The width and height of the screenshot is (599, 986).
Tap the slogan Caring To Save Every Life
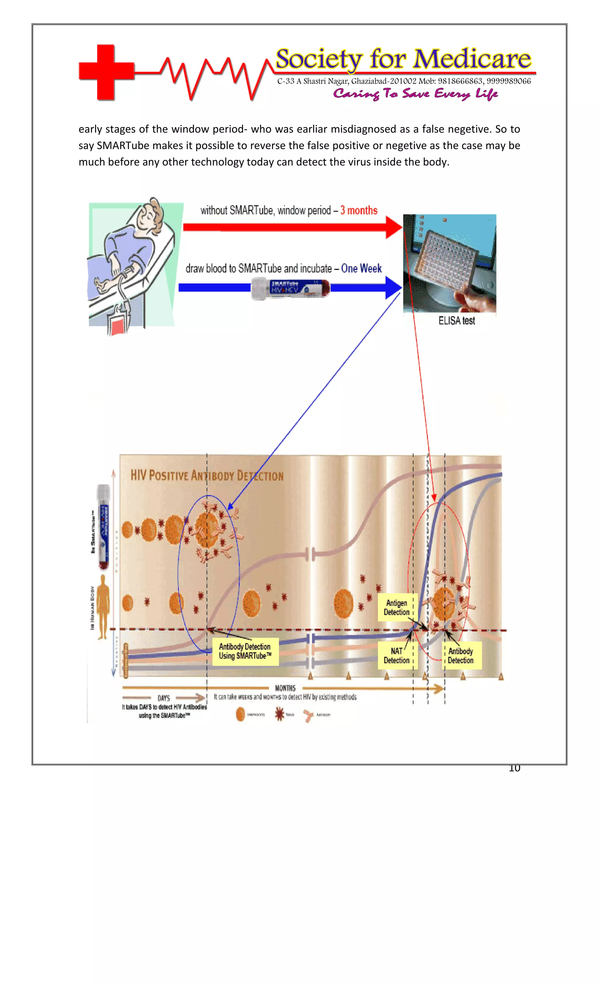(x=415, y=94)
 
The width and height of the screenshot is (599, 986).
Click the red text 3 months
(x=359, y=210)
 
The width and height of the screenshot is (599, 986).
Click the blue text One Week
(x=361, y=269)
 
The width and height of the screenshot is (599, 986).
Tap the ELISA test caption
(x=457, y=320)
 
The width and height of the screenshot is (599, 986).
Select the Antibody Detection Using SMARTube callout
(x=245, y=651)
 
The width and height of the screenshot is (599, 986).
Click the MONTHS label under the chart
(x=285, y=688)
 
